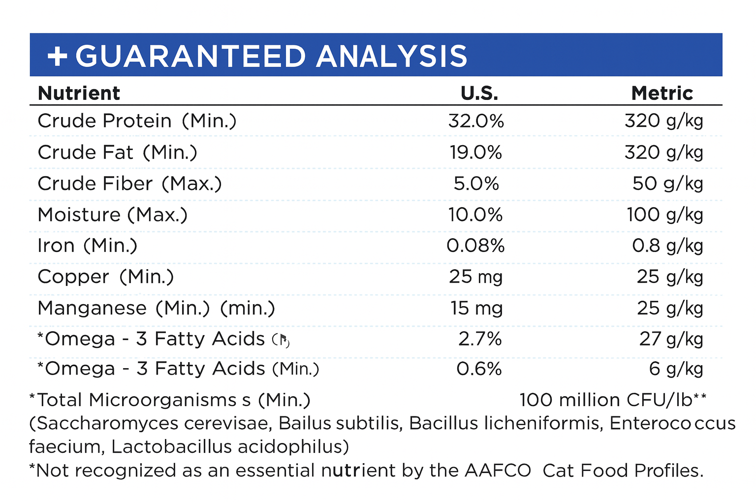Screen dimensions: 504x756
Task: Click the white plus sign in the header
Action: click(57, 56)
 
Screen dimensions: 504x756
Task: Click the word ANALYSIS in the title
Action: click(392, 56)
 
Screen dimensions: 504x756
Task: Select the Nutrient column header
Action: click(79, 93)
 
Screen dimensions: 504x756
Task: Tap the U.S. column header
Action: click(479, 93)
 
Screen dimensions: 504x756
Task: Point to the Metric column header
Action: click(662, 93)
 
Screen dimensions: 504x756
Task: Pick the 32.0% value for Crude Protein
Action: click(476, 121)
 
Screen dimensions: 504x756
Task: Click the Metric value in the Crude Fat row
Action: click(663, 153)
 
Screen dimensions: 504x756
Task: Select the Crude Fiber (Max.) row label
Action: click(129, 184)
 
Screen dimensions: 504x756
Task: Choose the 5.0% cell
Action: click(476, 184)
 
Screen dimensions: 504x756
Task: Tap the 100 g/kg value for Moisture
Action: click(664, 215)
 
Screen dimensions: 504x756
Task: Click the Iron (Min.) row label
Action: click(87, 246)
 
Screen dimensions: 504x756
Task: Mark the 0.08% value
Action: click(475, 246)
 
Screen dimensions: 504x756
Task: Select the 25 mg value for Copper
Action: click(475, 277)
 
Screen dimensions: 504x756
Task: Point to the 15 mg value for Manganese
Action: click(476, 308)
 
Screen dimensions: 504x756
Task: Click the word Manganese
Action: click(92, 308)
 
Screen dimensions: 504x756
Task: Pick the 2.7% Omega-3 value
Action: click(480, 339)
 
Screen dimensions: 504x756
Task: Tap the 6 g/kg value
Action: click(676, 369)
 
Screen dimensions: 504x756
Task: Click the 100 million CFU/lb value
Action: click(612, 400)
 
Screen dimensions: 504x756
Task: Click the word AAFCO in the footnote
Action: click(498, 471)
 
